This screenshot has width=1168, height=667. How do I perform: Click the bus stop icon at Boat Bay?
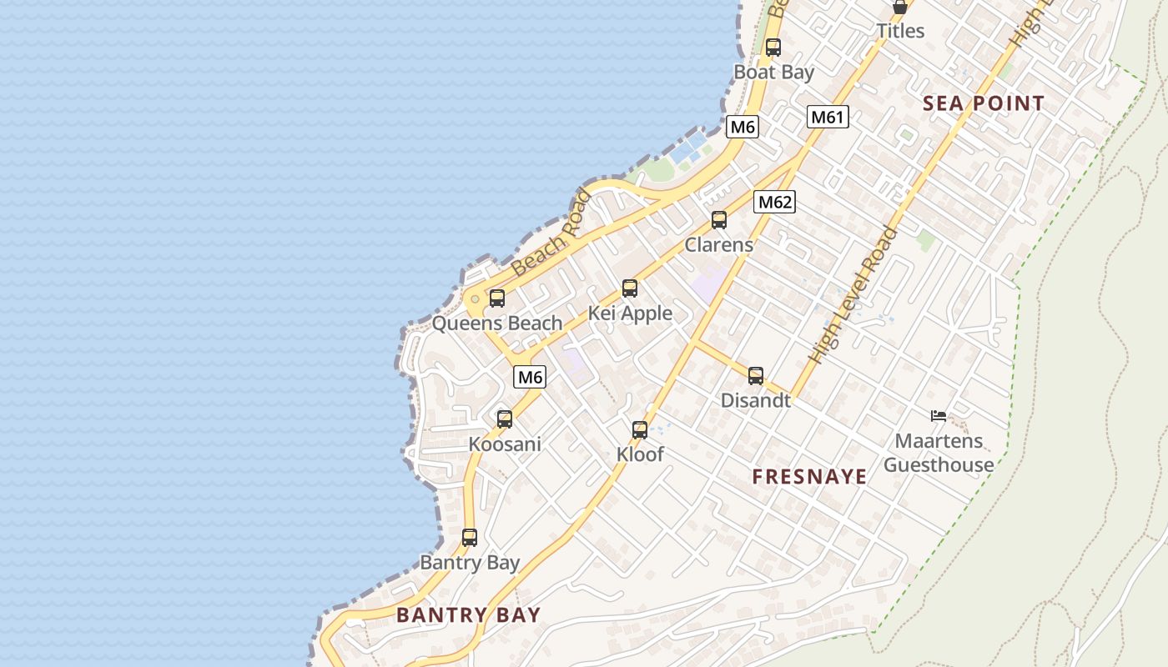point(773,48)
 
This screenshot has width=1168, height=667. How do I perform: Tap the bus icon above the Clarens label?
point(719,220)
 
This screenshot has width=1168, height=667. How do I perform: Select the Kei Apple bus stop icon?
point(630,288)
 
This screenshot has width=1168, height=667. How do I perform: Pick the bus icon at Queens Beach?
point(497,298)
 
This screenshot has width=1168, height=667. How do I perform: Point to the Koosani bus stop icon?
point(505,419)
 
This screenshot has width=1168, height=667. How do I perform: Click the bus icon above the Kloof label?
point(640,430)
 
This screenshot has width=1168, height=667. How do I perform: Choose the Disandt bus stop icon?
point(756,376)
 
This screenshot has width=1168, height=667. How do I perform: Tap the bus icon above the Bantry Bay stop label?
point(470,538)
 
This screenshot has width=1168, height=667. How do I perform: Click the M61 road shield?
point(828,117)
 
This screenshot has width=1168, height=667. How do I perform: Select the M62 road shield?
point(774,202)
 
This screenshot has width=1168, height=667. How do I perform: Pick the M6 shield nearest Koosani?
point(530,377)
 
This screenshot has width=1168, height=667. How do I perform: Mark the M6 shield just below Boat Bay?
point(742,127)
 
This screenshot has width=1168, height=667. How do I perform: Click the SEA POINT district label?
point(984,103)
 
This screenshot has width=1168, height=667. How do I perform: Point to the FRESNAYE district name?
point(809,477)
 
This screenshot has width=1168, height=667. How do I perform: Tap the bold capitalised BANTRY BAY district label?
point(468,615)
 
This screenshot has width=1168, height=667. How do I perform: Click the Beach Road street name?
point(551,234)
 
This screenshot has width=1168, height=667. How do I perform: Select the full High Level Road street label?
point(853,294)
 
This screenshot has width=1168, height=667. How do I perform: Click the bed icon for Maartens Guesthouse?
point(939,415)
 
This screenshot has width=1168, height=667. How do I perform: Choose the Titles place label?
point(900,31)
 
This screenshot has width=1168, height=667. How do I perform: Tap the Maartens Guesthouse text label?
point(939,453)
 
